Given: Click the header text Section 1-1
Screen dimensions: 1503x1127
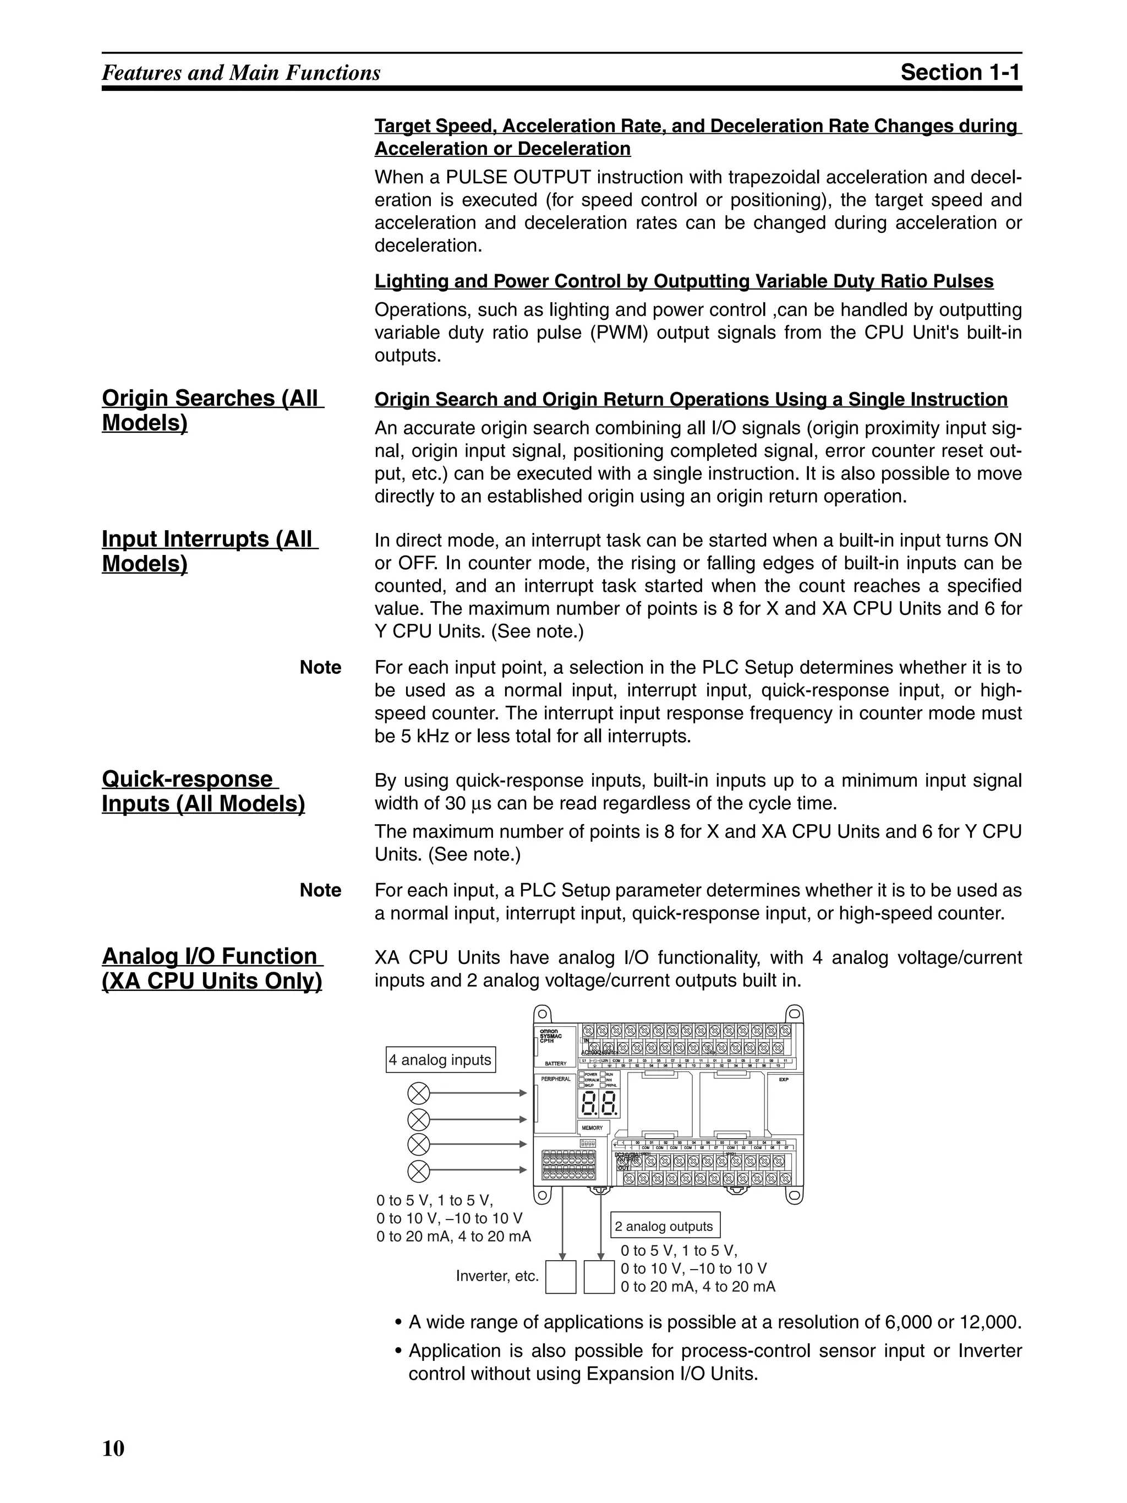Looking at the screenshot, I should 960,72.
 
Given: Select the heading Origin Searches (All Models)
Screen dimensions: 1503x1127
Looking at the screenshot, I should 212,410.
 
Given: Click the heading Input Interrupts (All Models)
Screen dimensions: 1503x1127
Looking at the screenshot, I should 210,551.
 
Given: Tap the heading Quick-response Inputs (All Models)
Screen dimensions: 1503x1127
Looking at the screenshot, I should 203,791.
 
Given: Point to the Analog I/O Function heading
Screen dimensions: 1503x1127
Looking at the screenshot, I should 212,968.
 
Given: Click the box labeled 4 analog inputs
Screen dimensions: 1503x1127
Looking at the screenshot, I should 440,1060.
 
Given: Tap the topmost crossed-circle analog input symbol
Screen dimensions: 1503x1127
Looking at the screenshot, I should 418,1093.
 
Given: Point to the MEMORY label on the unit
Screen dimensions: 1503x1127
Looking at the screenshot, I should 592,1128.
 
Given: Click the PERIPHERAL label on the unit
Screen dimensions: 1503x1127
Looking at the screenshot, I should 556,1079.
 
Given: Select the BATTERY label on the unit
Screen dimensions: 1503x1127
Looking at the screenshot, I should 556,1063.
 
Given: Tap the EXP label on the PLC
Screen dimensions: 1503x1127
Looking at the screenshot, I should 783,1079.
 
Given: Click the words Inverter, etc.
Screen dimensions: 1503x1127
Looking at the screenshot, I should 496,1276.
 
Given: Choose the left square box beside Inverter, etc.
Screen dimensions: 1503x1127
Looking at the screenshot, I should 561,1277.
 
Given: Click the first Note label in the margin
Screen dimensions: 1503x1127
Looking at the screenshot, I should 321,667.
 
